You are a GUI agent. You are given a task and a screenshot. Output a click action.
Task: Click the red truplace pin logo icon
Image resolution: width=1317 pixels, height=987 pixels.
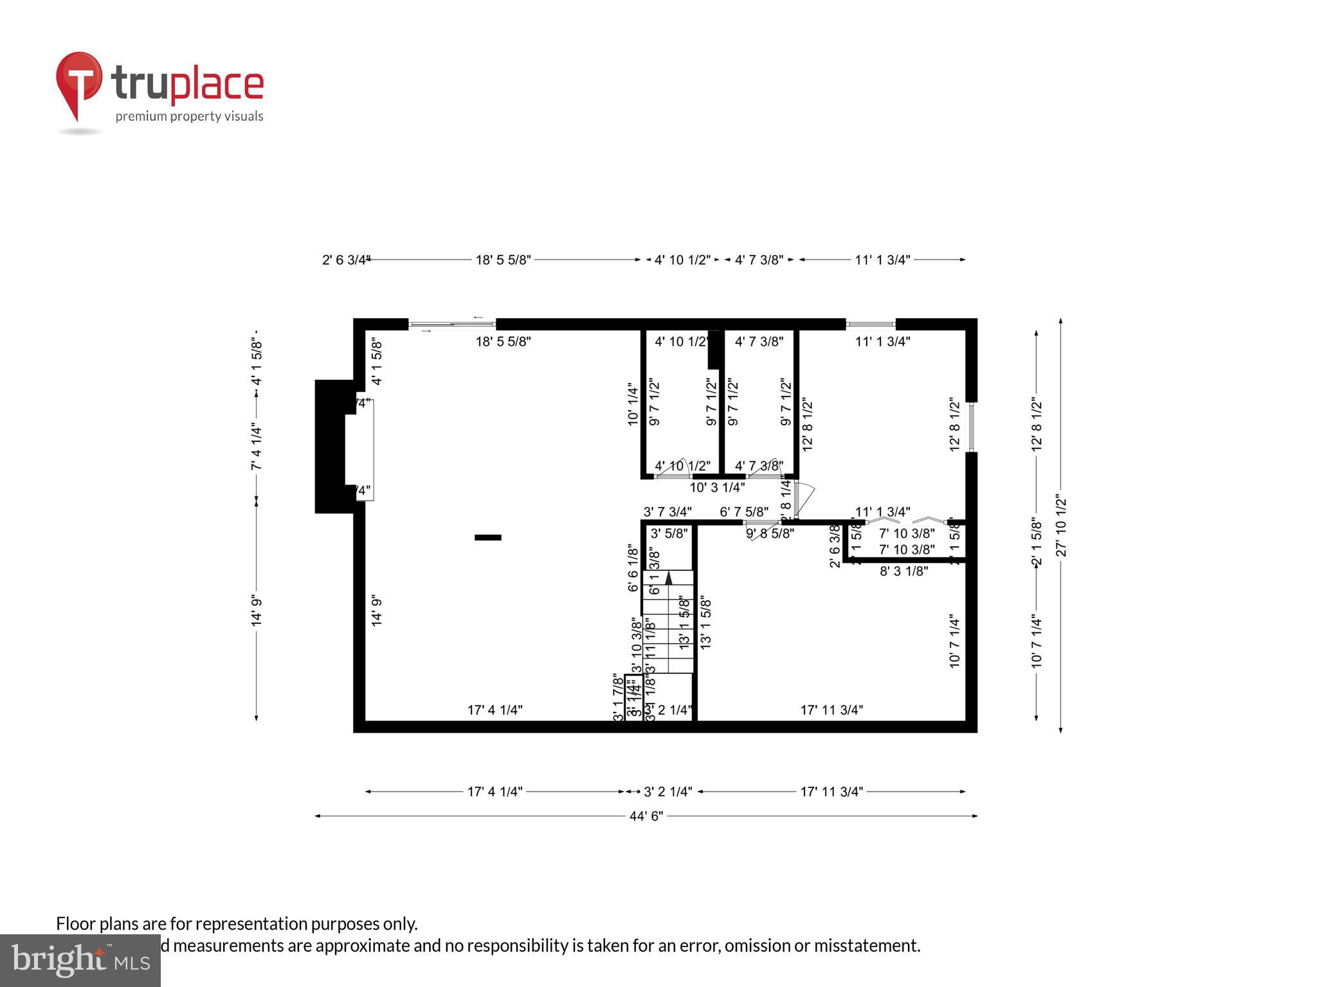coord(78,84)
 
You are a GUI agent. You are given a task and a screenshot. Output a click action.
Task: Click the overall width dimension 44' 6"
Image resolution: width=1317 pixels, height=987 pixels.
coord(646,816)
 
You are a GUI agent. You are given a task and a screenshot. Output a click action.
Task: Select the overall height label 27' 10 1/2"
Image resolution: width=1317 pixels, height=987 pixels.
coord(1061,526)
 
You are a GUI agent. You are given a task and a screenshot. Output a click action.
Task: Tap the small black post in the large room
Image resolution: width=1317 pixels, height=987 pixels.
coord(487,537)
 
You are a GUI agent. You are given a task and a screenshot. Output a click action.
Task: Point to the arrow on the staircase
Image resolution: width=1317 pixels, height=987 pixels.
coord(668,578)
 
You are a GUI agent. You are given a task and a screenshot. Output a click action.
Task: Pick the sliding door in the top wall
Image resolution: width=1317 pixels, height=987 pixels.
coord(452,325)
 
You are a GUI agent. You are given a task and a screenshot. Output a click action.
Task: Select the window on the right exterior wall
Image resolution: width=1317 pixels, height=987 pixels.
coord(972,427)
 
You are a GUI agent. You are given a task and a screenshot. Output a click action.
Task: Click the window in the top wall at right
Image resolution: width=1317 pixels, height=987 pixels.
coord(870,325)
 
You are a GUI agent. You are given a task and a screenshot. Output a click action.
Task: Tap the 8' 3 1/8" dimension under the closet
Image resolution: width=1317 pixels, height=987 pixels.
coord(904,571)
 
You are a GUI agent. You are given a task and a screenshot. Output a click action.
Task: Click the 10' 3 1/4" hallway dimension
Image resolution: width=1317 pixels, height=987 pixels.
coord(717,488)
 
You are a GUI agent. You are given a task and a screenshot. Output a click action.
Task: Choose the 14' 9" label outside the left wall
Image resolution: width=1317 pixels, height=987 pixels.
coord(257,610)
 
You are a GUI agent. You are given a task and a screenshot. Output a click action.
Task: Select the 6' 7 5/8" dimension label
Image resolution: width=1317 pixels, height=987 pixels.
coord(744,512)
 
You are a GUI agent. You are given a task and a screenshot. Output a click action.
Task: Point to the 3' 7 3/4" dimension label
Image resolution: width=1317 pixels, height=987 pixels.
coord(668,512)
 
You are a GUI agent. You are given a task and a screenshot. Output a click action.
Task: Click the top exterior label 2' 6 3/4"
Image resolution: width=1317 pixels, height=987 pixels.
coord(345,260)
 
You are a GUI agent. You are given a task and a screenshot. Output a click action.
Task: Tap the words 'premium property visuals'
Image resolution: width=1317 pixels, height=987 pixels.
coord(189,116)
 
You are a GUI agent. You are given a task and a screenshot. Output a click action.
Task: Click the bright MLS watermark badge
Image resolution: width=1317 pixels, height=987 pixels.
coord(80,961)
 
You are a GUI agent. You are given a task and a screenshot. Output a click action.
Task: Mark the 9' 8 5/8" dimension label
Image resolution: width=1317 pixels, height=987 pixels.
coord(770,533)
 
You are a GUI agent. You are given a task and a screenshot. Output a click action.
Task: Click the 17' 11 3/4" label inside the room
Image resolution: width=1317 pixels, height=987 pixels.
coord(831,710)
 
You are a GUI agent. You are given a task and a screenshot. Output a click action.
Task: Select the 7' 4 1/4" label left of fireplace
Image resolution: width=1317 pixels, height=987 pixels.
coord(257,447)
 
